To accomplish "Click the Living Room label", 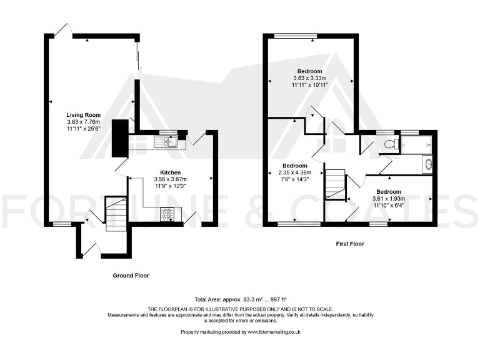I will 84,115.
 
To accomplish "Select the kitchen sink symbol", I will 166,142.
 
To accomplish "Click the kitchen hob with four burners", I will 167,214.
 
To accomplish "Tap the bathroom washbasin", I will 427,164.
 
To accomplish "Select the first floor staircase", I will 335,184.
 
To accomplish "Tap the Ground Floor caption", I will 131,275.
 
